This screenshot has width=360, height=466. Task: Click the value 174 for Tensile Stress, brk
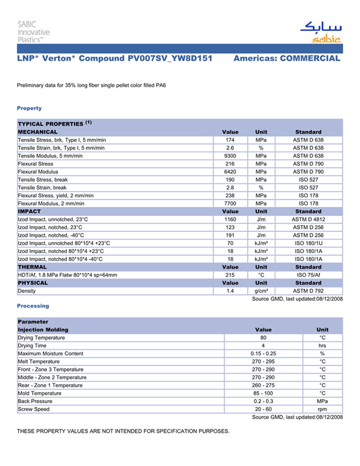tap(230, 140)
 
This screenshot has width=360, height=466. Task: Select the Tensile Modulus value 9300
tap(230, 156)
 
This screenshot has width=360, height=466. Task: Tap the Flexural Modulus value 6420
tap(230, 172)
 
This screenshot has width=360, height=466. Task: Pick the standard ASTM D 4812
tap(308, 220)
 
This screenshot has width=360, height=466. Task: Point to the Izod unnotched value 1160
tap(230, 220)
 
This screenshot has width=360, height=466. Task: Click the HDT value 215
tap(230, 275)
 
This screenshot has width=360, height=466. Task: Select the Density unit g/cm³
tap(261, 291)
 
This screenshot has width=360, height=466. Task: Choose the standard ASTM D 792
tap(308, 291)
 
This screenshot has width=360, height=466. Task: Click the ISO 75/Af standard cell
tap(308, 275)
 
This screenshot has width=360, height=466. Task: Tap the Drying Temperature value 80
tap(263, 338)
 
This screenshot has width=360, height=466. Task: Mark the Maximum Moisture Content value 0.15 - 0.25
tap(263, 354)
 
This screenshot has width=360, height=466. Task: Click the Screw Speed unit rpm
tap(322, 409)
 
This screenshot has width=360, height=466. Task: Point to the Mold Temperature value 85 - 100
tap(263, 393)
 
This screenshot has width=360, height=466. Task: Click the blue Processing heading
tap(33, 306)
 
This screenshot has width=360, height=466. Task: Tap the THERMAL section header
tap(32, 267)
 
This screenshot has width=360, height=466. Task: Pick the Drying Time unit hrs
tap(322, 346)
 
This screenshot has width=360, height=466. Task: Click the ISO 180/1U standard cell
tap(308, 243)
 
